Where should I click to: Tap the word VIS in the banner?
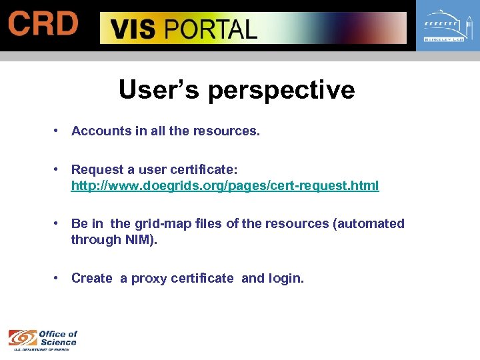(134, 29)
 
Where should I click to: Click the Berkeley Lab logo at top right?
(447, 27)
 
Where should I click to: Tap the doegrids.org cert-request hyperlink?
(225, 186)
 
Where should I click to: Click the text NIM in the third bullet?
(139, 239)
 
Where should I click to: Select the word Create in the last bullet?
(92, 278)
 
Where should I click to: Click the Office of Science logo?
(43, 339)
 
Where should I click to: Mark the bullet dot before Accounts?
(59, 131)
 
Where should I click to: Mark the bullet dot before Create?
(59, 278)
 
